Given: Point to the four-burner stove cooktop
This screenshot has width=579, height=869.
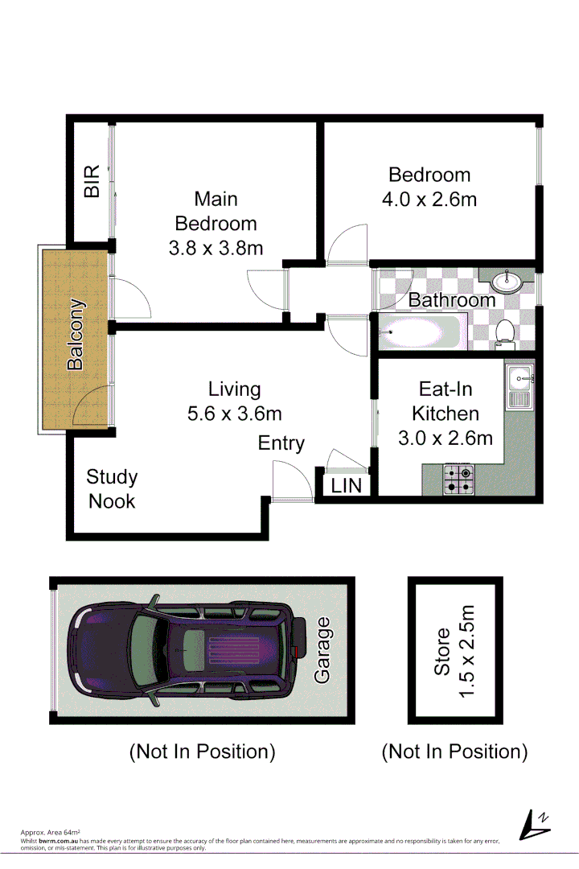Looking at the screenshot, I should [x=460, y=479].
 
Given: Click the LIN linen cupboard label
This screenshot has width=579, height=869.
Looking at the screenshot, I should [x=347, y=486].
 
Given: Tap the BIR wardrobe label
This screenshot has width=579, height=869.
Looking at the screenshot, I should [x=92, y=182].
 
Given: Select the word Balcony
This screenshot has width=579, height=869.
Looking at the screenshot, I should [x=76, y=335].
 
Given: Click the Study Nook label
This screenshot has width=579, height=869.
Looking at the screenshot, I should [x=112, y=488].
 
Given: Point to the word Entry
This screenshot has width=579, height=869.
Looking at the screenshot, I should [x=281, y=443].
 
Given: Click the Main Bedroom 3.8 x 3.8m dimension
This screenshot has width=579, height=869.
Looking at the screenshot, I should [x=216, y=249].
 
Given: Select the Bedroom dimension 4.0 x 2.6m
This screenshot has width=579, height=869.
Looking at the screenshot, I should [x=429, y=199].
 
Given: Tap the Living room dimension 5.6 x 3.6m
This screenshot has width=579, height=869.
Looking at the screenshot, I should [x=234, y=414].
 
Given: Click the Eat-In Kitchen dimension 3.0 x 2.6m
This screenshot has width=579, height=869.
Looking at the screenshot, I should [x=446, y=439].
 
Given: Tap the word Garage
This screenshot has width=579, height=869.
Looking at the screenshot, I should [x=322, y=649].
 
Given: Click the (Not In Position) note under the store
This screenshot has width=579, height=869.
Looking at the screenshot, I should [x=454, y=752].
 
